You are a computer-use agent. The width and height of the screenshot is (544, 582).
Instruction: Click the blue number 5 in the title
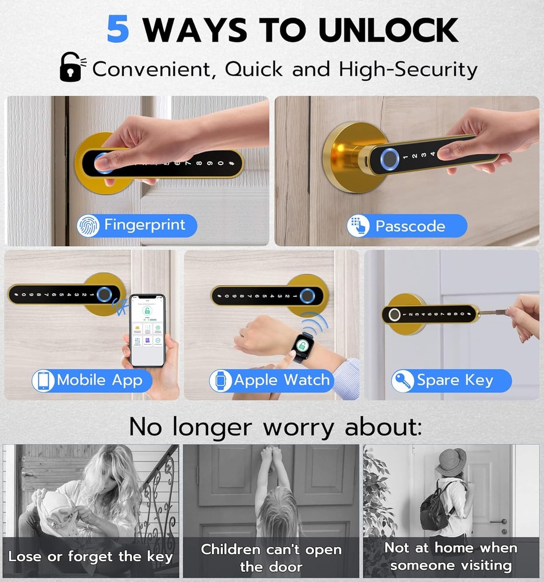click(x=118, y=30)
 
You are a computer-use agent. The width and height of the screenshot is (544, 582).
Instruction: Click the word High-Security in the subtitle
click(x=408, y=69)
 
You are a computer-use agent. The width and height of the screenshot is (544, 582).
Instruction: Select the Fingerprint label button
click(x=137, y=226)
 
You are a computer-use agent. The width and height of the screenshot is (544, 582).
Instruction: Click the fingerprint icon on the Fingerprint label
click(x=88, y=226)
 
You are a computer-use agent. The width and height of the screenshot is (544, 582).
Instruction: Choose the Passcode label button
click(x=406, y=226)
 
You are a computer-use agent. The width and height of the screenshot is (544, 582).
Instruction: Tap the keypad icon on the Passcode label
click(x=358, y=226)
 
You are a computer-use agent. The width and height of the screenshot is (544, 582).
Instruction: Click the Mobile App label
click(x=92, y=380)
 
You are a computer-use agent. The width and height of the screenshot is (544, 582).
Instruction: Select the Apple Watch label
click(x=271, y=380)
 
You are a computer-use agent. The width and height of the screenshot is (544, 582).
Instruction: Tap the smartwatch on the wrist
click(x=303, y=346)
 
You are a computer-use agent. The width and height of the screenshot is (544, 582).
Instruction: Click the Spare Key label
click(x=451, y=380)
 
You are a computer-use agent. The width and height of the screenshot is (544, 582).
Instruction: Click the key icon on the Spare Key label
click(x=403, y=381)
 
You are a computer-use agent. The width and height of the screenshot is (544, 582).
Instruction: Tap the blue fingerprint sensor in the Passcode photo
click(x=389, y=158)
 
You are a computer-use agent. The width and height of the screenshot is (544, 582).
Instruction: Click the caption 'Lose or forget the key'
click(x=90, y=556)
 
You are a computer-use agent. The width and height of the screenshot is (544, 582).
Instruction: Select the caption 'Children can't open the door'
click(x=271, y=558)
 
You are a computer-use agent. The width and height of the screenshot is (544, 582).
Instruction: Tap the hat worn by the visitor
click(x=451, y=461)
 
